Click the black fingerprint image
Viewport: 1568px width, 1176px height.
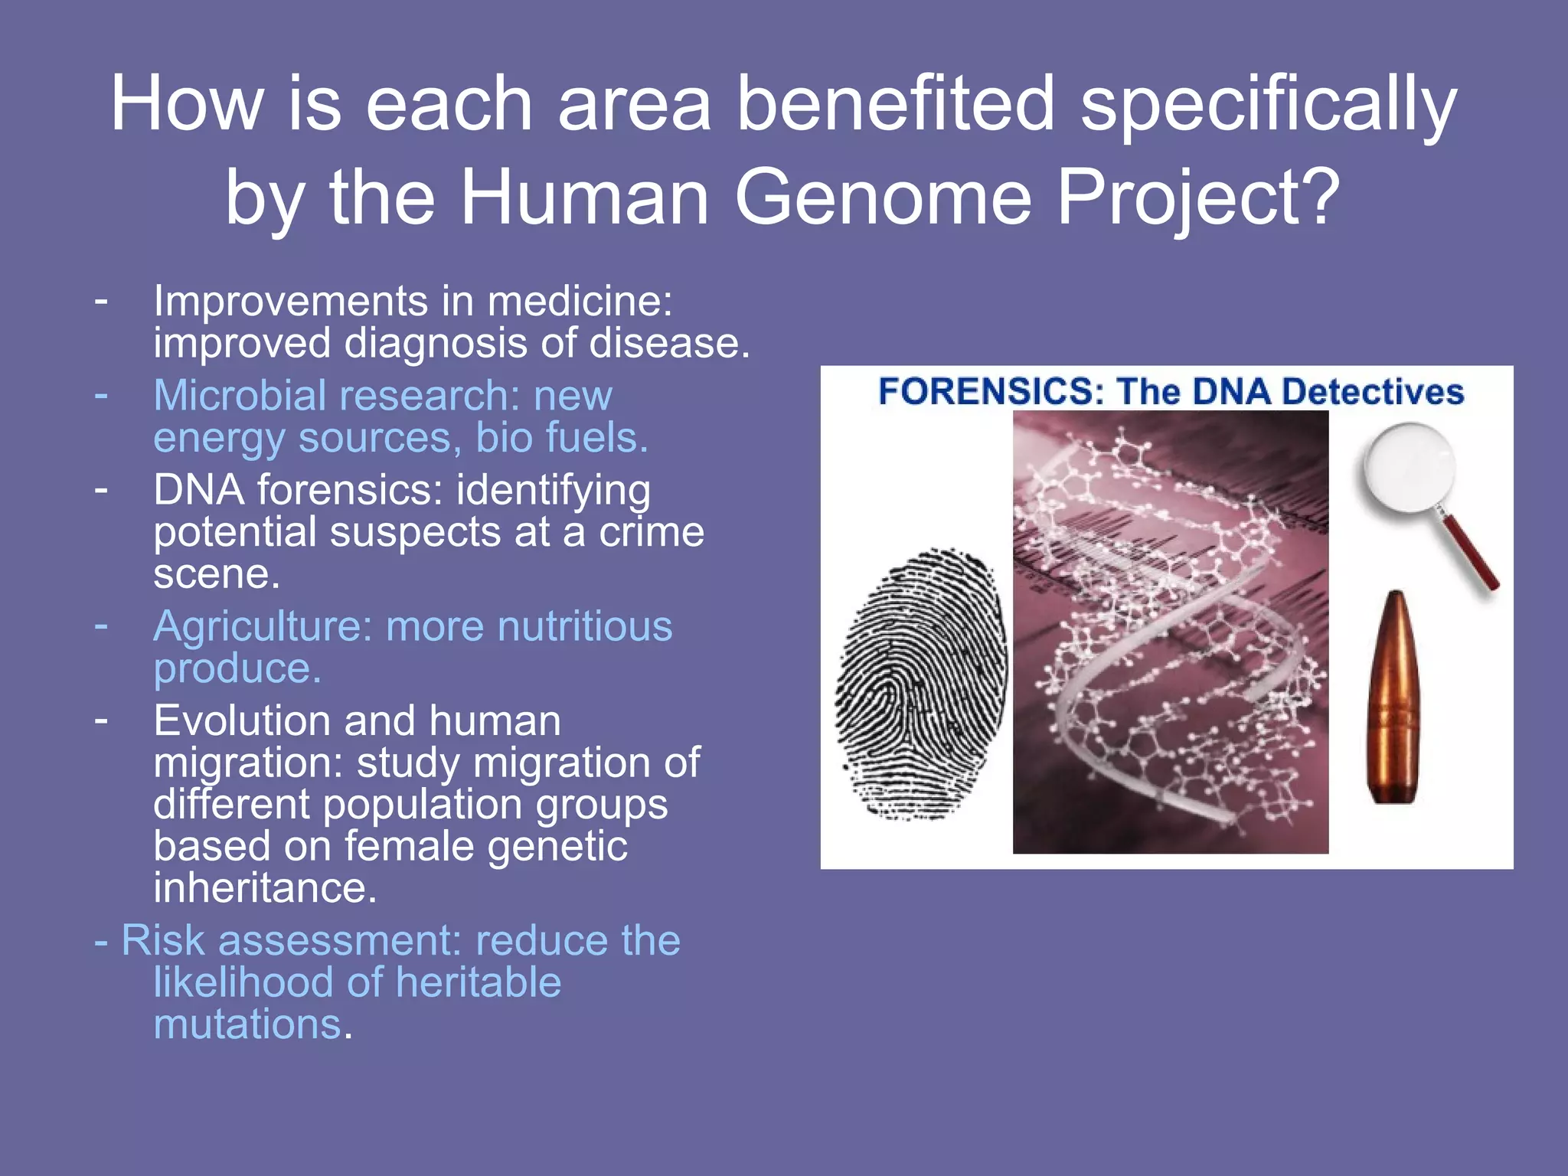(921, 684)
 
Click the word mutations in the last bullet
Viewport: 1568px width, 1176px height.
(247, 1024)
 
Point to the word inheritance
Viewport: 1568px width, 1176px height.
(265, 888)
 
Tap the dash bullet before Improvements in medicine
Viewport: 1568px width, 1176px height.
(101, 299)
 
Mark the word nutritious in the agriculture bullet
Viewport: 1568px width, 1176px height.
(584, 626)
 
